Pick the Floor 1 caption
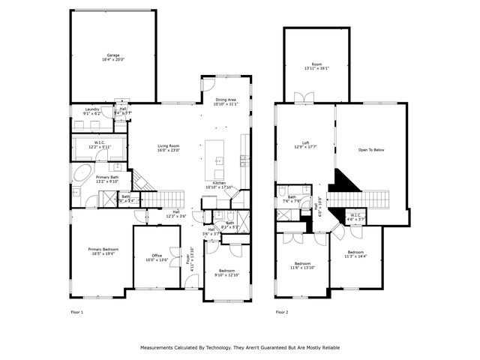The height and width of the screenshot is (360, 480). point(76,311)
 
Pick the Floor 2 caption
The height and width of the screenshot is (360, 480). point(281,311)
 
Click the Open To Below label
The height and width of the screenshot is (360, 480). point(370,150)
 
